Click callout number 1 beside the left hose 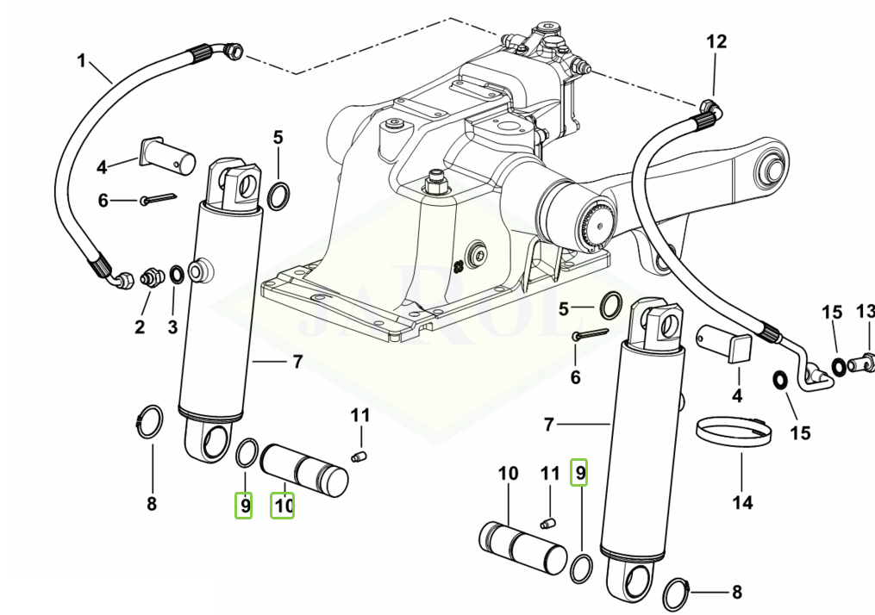pos(82,60)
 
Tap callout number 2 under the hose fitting pos(140,326)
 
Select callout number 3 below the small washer pos(172,326)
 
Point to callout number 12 pos(716,41)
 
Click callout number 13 pos(864,311)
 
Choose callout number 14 pos(742,501)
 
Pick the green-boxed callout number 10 pos(284,505)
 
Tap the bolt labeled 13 pos(861,366)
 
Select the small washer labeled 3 pos(176,275)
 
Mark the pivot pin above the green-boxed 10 pos(303,467)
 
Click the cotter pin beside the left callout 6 pos(159,199)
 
